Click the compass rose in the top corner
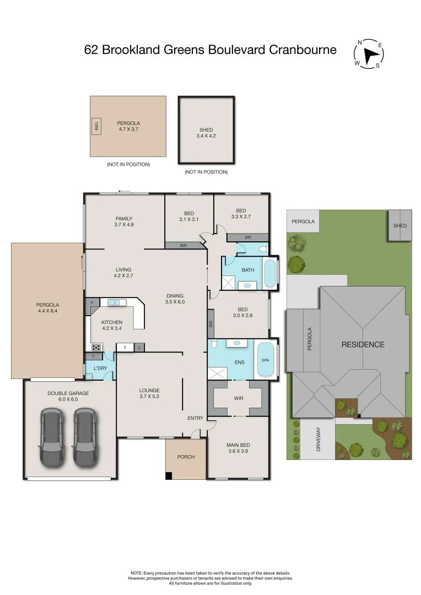369,53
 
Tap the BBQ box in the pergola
95,126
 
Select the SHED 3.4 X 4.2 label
206,133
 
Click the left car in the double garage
51,436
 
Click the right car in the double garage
85,436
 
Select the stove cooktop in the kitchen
97,348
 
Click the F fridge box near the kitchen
126,348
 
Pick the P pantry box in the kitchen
91,303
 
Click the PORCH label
186,457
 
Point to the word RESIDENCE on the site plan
363,344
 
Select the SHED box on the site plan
400,225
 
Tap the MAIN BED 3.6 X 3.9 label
239,448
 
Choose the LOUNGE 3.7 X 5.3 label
149,393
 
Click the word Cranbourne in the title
303,50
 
